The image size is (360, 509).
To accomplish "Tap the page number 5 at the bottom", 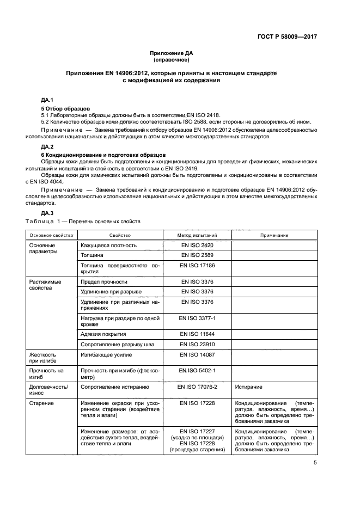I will tap(315, 463).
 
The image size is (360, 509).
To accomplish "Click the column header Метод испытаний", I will tap(197, 235).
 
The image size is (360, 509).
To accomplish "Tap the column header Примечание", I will tap(274, 235).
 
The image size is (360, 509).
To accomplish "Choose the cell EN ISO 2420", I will tap(197, 246).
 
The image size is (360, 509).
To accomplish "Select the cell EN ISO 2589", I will tap(197, 255).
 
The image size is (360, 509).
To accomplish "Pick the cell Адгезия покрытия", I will tap(103, 334).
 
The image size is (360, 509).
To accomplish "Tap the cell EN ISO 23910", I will tap(197, 345).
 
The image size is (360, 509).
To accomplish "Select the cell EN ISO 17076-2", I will tap(197, 387).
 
